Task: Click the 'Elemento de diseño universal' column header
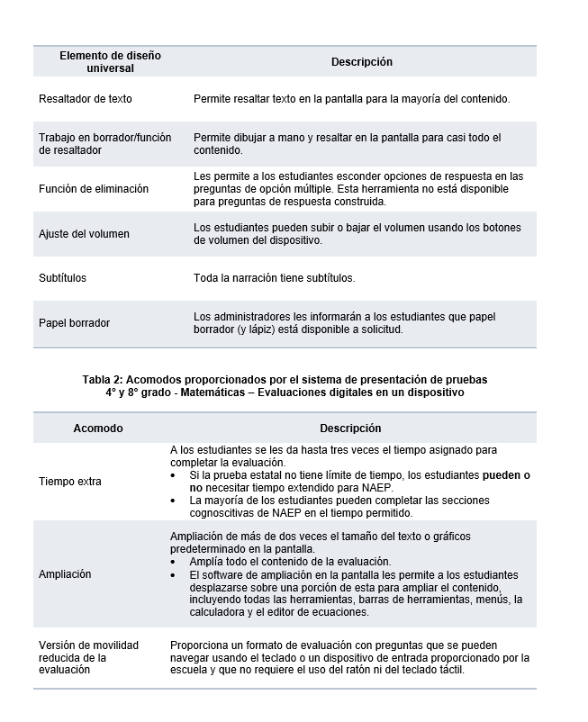point(110,61)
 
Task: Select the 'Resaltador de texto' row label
point(86,98)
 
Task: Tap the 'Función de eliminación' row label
point(94,189)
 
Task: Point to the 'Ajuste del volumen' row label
point(84,234)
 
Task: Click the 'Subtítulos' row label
point(63,278)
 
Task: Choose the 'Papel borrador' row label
point(75,323)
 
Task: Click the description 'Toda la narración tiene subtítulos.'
point(274,278)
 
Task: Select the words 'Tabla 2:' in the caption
point(104,379)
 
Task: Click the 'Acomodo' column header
point(98,429)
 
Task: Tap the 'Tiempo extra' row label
point(69,482)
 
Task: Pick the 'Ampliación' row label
point(65,574)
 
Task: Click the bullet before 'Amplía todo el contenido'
point(174,561)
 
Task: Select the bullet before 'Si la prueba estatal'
point(174,474)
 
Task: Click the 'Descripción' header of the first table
point(362,62)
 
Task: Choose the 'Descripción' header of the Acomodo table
point(350,429)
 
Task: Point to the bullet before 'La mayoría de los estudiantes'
point(174,501)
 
